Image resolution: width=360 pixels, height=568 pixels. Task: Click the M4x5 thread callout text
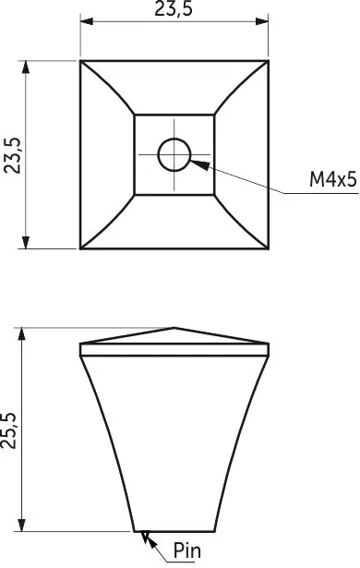click(x=333, y=179)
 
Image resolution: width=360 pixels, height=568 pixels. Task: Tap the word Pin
click(x=187, y=550)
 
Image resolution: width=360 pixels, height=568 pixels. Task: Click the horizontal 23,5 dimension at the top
click(x=174, y=8)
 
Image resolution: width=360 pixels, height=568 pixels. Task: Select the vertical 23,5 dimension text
click(x=13, y=155)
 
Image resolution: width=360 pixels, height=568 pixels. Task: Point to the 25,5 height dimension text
click(x=8, y=430)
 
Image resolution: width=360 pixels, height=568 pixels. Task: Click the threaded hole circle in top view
click(x=174, y=154)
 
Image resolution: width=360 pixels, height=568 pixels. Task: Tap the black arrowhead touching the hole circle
click(x=200, y=164)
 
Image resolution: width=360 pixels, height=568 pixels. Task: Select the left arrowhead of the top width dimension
click(x=87, y=21)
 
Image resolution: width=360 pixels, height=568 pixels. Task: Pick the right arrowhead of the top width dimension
click(x=261, y=21)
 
